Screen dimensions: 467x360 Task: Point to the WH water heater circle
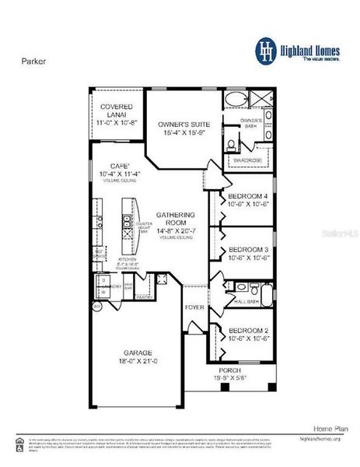[97, 307]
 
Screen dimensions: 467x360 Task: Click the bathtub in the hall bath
[266, 295]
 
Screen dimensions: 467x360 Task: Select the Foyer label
[194, 307]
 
